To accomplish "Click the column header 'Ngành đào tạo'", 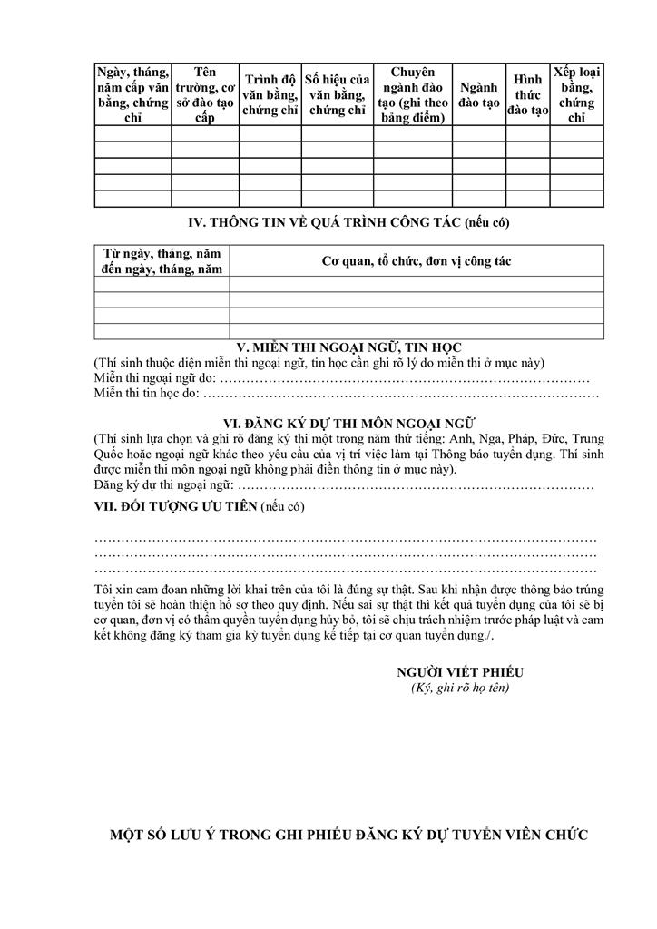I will (478, 95).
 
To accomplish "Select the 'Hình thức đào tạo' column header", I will (527, 95).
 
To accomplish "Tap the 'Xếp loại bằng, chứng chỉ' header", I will (576, 95).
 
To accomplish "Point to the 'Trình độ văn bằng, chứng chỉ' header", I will (270, 95).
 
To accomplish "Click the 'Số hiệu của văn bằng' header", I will (337, 95).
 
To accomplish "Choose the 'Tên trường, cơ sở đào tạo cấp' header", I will (205, 95).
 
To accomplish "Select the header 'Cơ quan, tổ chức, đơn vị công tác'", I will (417, 261).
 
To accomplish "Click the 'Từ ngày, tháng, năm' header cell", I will (162, 261).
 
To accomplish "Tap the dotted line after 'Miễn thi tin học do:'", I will (400, 393).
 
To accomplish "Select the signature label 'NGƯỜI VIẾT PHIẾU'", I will (460, 672).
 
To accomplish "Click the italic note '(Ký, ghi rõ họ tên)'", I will (460, 688).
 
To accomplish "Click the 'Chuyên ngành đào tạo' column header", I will (413, 95).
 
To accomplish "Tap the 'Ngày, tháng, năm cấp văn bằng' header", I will (132, 95).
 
